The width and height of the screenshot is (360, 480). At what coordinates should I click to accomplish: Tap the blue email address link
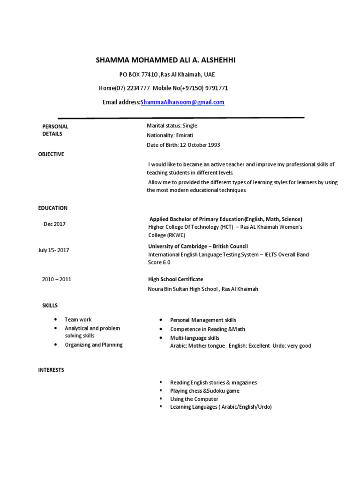(183, 102)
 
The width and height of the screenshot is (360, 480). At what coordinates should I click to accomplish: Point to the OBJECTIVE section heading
(51, 154)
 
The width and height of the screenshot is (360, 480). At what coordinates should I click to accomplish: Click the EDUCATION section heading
(52, 208)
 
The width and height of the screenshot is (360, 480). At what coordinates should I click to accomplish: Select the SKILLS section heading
(50, 306)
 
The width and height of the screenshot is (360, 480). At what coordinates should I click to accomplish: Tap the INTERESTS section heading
(51, 370)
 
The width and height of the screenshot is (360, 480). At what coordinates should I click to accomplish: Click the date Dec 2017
(55, 224)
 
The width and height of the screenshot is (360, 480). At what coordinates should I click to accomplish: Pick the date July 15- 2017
(53, 250)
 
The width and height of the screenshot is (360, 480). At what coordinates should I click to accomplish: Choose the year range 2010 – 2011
(57, 279)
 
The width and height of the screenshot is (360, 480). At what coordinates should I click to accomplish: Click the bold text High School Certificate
(175, 279)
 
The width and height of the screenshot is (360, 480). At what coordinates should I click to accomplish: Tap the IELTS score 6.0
(166, 262)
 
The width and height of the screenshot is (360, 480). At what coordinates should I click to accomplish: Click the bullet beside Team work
(56, 319)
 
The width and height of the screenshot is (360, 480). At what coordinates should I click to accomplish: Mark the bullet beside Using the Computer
(160, 398)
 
